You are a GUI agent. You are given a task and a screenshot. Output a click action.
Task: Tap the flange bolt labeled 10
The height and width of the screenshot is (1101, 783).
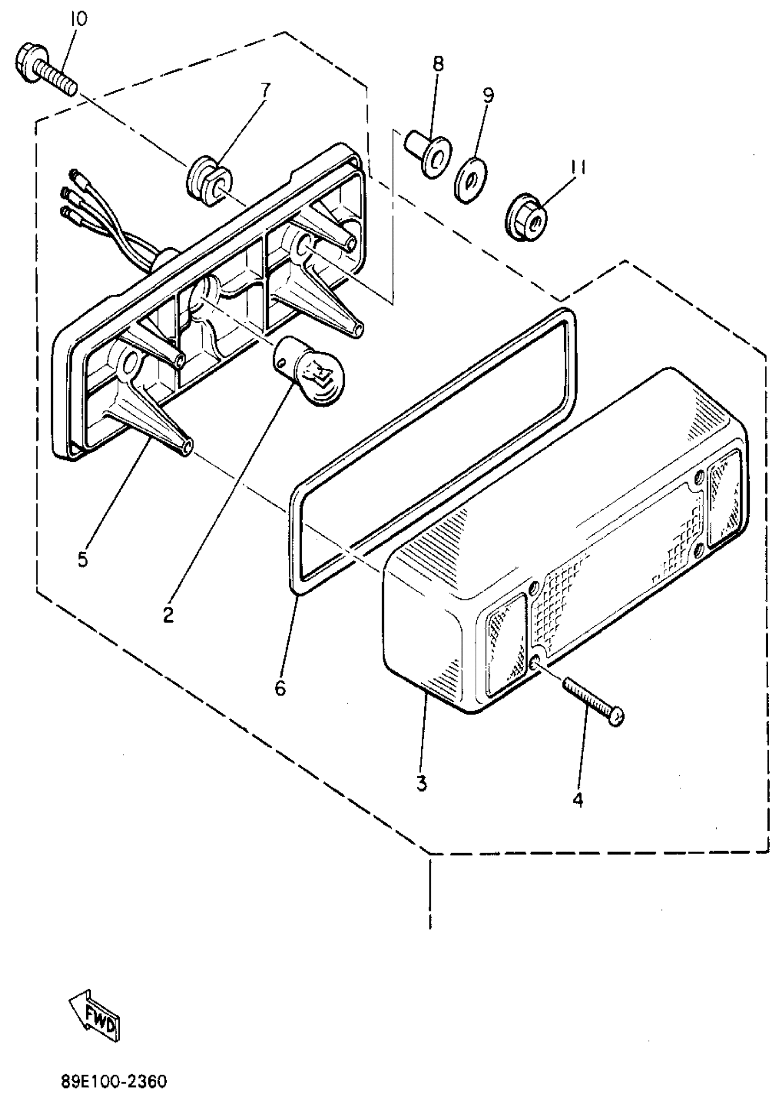tap(46, 70)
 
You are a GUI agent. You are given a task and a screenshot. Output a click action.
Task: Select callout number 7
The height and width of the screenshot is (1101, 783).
tap(266, 90)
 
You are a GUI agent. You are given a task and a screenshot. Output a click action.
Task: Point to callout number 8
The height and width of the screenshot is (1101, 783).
tap(438, 64)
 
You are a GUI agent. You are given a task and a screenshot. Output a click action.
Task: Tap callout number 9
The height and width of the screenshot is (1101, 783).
tap(488, 95)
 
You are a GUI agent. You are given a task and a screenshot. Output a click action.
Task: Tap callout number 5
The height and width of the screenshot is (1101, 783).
tap(83, 559)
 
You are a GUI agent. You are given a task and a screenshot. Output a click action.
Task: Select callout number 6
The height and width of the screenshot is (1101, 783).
tap(280, 688)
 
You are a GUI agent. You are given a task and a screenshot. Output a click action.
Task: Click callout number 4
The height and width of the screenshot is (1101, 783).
tap(578, 800)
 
